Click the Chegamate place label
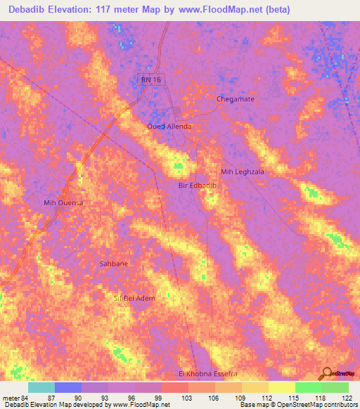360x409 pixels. point(235,99)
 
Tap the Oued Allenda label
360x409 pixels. point(169,126)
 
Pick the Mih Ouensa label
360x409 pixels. point(64,202)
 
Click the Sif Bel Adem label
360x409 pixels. point(134,298)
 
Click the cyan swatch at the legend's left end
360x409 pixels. point(41,387)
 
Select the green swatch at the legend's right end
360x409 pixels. point(335,387)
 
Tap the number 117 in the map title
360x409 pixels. point(112,9)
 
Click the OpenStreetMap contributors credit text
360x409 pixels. point(319,405)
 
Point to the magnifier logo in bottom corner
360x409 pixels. point(326,372)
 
